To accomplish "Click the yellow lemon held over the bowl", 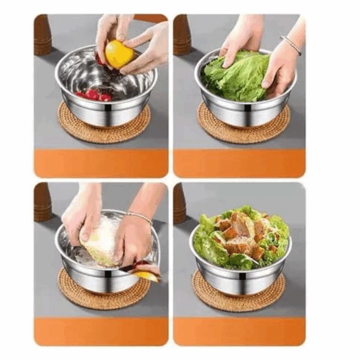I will [x=119, y=54].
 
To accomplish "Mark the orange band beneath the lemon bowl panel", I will [x=101, y=163].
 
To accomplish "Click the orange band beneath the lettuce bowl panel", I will [x=239, y=163].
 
